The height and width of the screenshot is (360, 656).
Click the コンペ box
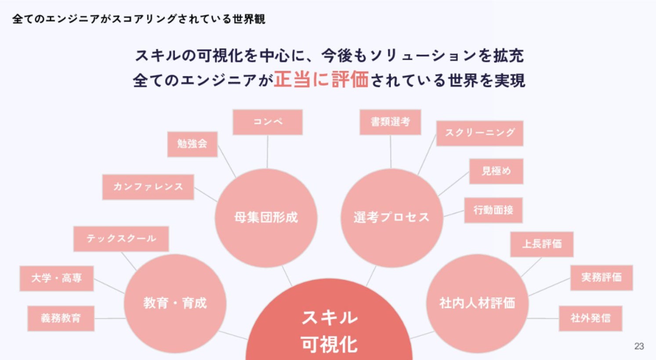point(268,122)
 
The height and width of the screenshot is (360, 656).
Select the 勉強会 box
point(192,144)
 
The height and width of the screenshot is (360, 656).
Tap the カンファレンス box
point(148,187)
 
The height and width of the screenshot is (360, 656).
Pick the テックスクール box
point(121,239)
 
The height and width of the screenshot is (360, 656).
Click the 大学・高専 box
point(57,279)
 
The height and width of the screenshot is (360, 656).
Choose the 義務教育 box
point(61,319)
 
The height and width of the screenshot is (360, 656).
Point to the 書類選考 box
point(390,122)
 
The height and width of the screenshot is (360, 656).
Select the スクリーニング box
point(480,133)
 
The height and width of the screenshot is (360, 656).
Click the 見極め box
point(496,171)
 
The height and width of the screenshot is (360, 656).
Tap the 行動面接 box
point(493,210)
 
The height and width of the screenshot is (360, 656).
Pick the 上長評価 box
point(542,244)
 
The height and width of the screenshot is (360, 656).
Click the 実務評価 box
point(602,278)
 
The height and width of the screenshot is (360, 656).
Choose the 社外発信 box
point(591,319)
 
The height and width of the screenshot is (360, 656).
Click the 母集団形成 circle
point(266,218)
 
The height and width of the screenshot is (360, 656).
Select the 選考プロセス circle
point(391,218)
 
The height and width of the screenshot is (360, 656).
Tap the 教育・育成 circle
point(175,303)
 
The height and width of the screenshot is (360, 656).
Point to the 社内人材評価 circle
point(477,303)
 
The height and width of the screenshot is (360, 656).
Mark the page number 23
point(639,346)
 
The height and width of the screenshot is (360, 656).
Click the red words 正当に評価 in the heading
point(321,80)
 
